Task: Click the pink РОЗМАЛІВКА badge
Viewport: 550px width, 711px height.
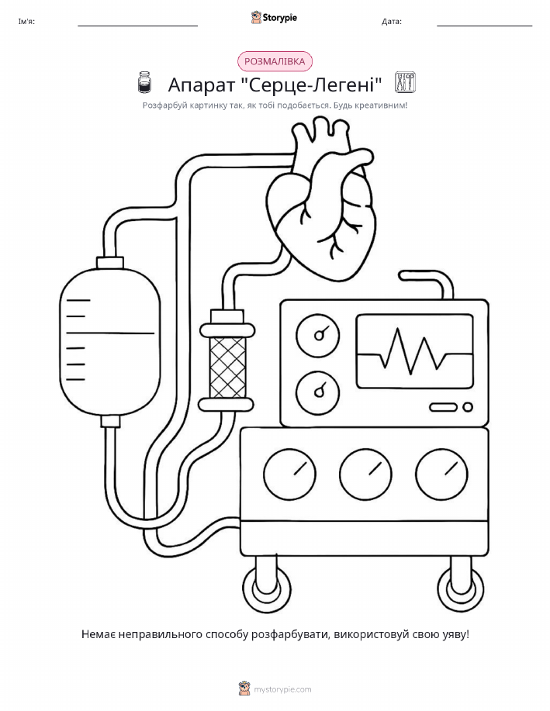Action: (275, 61)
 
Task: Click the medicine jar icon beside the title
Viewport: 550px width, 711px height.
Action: (144, 82)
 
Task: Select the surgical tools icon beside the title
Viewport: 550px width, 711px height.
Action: (405, 82)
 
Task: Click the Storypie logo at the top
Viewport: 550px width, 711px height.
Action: (274, 18)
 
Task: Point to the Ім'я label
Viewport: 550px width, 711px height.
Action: (26, 21)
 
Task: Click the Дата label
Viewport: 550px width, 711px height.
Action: (391, 21)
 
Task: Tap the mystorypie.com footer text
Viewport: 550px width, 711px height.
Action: (282, 690)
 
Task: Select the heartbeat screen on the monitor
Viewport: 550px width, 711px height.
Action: (414, 352)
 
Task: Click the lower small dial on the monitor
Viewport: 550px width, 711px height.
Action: (317, 392)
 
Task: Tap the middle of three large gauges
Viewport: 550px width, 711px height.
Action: (365, 475)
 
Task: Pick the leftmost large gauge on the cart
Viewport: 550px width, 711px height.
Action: (289, 475)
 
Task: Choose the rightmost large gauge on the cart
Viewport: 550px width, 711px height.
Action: (441, 475)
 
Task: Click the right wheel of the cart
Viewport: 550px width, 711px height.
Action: (460, 589)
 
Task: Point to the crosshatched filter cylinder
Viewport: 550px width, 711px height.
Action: (227, 368)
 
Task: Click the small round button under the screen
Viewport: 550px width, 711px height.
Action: (468, 407)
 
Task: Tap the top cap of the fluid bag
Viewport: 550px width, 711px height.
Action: (110, 263)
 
